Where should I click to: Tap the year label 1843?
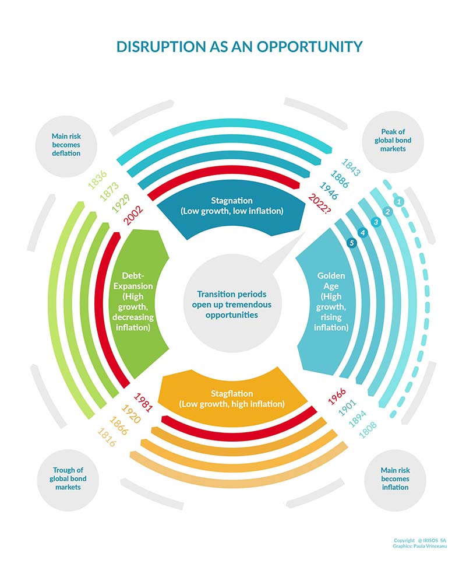[x=351, y=167]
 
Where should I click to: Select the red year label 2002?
[x=133, y=215]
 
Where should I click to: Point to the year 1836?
[x=97, y=180]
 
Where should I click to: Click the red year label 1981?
[x=143, y=402]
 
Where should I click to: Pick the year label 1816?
[x=107, y=437]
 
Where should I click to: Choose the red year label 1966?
[x=337, y=396]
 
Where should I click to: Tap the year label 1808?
[x=368, y=430]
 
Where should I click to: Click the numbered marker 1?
[x=398, y=201]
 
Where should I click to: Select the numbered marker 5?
[x=352, y=243]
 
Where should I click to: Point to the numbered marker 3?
[x=376, y=222]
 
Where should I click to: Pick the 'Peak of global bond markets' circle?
[x=393, y=141]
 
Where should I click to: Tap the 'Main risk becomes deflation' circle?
[x=66, y=146]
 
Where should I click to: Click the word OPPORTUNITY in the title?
[x=309, y=47]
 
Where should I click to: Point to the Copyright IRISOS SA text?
[x=420, y=540]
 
